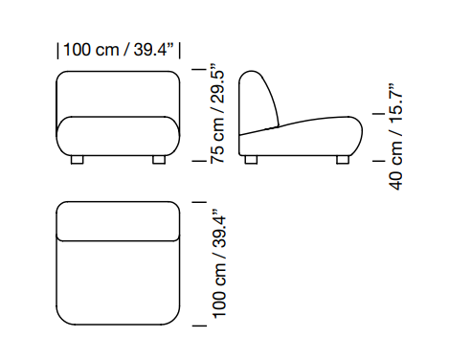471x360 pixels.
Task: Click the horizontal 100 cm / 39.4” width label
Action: click(119, 50)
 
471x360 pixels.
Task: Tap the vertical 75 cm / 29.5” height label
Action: click(217, 113)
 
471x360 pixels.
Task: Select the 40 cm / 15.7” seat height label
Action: click(395, 137)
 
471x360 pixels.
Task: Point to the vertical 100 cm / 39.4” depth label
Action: click(219, 263)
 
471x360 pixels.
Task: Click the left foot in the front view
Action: click(77, 160)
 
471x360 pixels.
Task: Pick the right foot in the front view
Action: click(159, 160)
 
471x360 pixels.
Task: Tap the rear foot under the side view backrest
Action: click(251, 160)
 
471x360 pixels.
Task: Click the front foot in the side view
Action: click(343, 160)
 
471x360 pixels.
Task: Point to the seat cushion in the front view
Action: click(118, 136)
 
